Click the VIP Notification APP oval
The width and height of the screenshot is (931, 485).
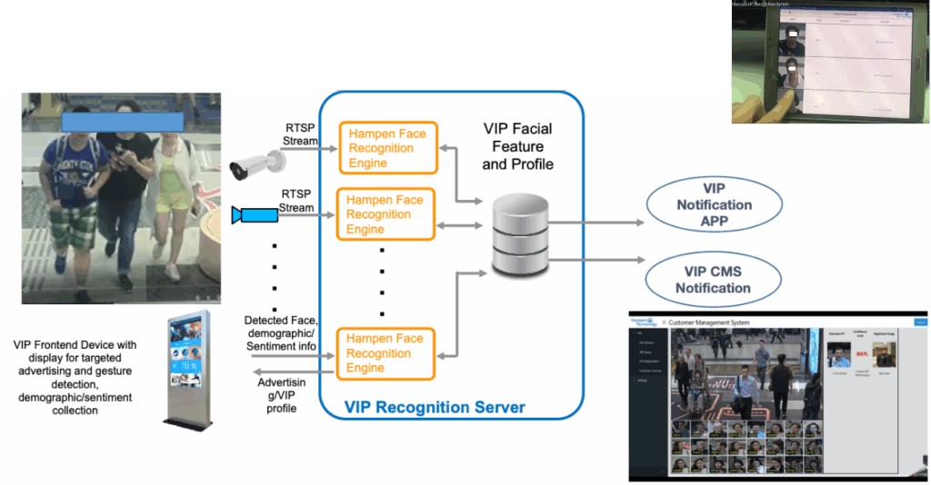point(713,205)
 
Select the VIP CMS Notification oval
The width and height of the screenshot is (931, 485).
point(713,279)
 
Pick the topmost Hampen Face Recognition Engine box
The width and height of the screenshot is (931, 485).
point(386,148)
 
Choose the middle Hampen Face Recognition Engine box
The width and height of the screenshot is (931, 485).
point(386,214)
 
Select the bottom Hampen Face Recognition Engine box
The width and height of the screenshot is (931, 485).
point(386,353)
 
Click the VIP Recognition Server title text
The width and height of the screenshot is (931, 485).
point(435,406)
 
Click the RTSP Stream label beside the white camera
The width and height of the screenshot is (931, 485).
point(299,134)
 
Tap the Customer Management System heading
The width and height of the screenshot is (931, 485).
point(710,322)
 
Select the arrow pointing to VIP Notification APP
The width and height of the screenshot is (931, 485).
point(595,220)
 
